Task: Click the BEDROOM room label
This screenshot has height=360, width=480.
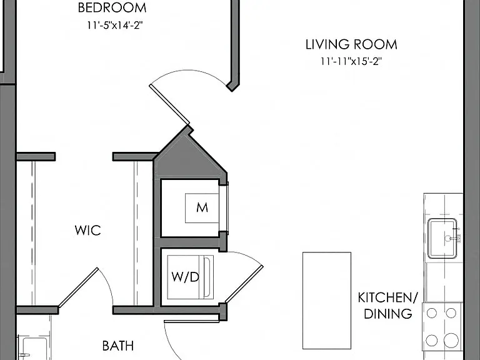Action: coord(112,8)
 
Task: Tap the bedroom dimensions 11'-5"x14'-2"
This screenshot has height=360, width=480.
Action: coord(115,25)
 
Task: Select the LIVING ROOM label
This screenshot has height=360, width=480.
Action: coord(351,45)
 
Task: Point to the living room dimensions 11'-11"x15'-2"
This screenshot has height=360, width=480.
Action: coord(351,61)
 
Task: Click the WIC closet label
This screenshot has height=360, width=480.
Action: coord(88,231)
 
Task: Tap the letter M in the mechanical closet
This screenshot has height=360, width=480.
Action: coord(202,208)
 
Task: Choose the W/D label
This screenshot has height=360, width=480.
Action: coord(186,277)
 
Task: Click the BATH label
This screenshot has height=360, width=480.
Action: coord(118,346)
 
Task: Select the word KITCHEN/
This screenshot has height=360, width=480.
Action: coord(388,297)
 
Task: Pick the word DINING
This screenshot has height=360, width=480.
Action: coord(388,314)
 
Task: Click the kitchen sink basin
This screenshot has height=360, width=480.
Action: coord(443,238)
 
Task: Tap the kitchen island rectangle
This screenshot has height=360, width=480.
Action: coord(327,300)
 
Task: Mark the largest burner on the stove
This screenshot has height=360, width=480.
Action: coord(451,341)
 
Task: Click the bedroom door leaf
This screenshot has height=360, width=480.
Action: coord(169,105)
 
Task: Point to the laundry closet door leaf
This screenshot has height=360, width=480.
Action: coord(244,284)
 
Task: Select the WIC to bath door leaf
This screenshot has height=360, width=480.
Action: coord(78,287)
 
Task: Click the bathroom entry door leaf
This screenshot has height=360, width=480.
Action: coord(192,321)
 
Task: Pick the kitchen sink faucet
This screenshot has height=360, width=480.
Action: coord(454,236)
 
